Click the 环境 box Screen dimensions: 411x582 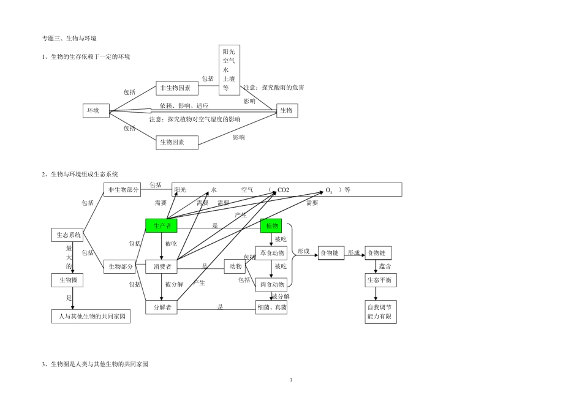click(96, 111)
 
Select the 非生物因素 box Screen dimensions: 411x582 click(177, 88)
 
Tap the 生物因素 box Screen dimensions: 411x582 click(177, 142)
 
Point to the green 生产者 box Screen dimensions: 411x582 click(162, 226)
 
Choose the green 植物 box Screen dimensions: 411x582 click(271, 226)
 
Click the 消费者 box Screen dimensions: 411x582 click(162, 266)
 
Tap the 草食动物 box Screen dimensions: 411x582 click(271, 253)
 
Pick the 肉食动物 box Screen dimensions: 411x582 click(271, 284)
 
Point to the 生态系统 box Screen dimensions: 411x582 click(67, 235)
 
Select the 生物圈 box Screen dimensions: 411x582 click(67, 281)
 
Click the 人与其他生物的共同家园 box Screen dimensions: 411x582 click(91, 317)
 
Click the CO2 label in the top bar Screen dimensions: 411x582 click(283, 190)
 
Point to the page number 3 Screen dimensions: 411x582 click(291, 380)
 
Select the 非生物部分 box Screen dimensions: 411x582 click(123, 190)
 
